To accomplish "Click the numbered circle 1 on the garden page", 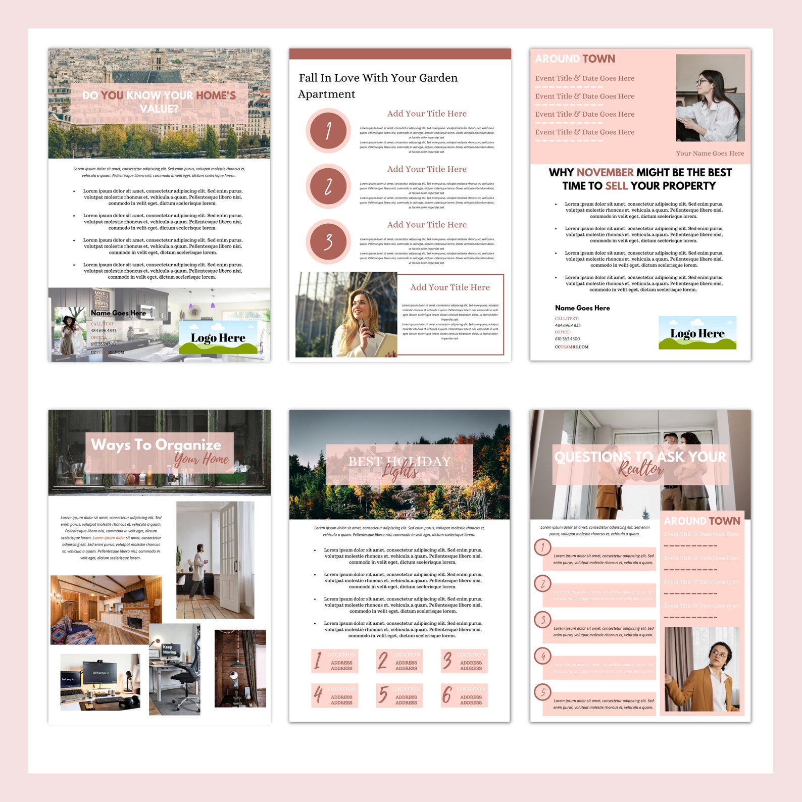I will coord(328,131).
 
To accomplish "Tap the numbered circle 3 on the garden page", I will coord(328,242).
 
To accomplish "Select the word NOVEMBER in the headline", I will coord(605,173).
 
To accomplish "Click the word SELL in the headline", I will coord(616,186).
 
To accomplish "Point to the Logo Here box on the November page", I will coord(697,333).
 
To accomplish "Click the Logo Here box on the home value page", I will coord(218,338).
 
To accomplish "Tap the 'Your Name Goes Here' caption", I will coord(710,154).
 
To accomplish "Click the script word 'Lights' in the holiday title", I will coord(400,472).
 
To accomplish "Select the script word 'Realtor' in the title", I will coord(640,469).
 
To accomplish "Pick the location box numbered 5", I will coord(399,695).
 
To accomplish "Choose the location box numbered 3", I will coord(464,661).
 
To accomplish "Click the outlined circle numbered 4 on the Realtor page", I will coord(543,656).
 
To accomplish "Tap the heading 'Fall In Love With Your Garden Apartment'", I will coord(378,86).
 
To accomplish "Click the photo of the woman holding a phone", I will coord(346,315).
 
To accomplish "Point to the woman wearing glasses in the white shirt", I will coord(710,98).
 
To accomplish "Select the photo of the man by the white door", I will coord(215,560).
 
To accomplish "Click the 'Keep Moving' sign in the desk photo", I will coord(169,649).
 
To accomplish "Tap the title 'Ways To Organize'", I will coord(156,444).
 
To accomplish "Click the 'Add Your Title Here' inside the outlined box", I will coord(450,287).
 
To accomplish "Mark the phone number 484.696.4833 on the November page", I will coord(568,326).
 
